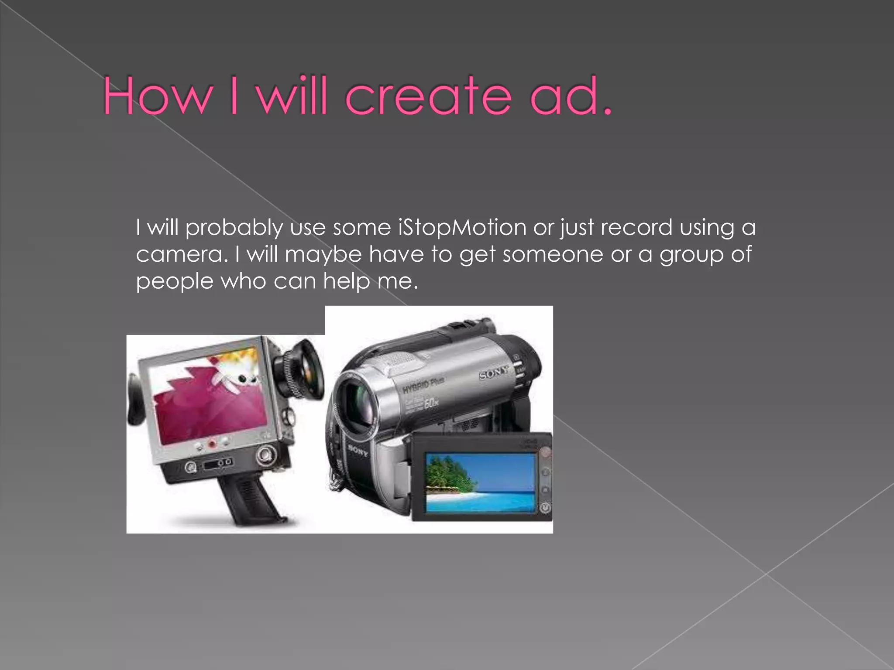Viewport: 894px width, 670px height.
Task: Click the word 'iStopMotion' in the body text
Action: [x=462, y=228]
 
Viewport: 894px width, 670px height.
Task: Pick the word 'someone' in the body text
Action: [x=553, y=255]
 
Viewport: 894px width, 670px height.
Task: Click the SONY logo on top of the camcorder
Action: [x=494, y=373]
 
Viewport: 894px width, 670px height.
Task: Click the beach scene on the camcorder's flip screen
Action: [x=480, y=482]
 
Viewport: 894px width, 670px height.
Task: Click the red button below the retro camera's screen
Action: [x=212, y=444]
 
